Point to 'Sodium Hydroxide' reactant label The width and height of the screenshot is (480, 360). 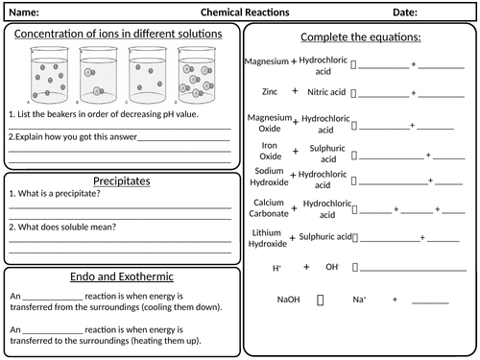[269, 179]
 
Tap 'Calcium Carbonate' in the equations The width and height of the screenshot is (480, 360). [269, 208]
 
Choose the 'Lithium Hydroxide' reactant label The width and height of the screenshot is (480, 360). [269, 238]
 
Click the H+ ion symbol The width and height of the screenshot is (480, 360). [277, 268]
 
